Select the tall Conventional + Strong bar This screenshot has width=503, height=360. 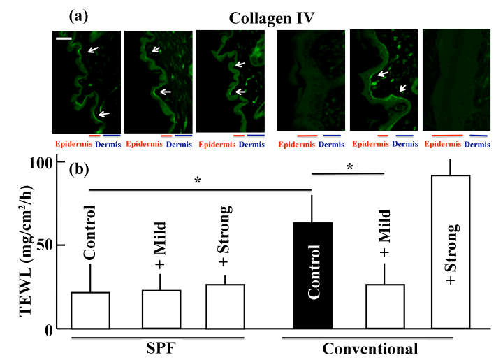451,252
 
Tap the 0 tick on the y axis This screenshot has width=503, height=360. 57,329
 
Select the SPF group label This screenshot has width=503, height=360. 158,346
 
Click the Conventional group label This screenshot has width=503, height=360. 370,347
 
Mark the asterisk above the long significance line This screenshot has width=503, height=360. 198,181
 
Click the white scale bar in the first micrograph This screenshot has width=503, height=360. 63,39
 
